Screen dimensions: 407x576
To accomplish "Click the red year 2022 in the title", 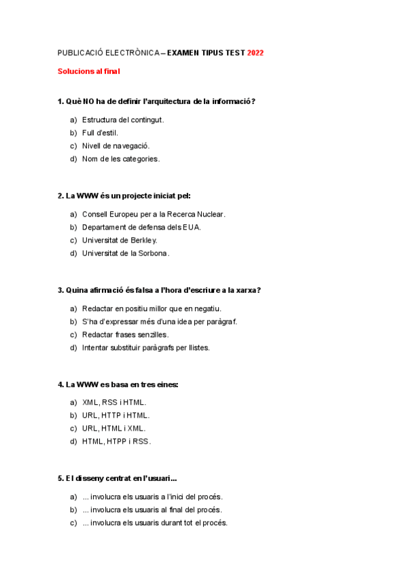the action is pos(255,52).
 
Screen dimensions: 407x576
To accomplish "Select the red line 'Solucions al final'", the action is pos(88,71).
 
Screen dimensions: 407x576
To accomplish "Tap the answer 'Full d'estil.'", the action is pos(100,133).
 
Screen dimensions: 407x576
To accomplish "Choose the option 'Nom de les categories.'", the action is pos(121,159).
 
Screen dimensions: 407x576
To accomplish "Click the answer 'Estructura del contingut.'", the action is pos(123,120).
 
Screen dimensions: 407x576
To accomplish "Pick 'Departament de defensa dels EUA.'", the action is pos(141,228).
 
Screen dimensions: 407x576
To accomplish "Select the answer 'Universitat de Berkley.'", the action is pos(120,240).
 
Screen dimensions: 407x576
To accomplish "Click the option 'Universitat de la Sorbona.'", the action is pos(126,253).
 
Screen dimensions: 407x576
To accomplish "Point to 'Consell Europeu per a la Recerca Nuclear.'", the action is pos(154,215).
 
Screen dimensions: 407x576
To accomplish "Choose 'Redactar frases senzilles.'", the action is pos(125,335).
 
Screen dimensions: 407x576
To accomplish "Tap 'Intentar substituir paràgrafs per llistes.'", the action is pos(146,348).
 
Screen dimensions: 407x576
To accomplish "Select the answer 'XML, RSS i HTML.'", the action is pos(114,402).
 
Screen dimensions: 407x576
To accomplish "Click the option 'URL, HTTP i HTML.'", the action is pos(116,415).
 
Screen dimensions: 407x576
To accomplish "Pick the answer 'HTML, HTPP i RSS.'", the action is pos(116,442).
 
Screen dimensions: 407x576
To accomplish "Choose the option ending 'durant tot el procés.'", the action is pos(155,523).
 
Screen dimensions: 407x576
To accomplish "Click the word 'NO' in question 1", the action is pos(88,102).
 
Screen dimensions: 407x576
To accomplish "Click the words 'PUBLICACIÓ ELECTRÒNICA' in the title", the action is pos(107,52).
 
